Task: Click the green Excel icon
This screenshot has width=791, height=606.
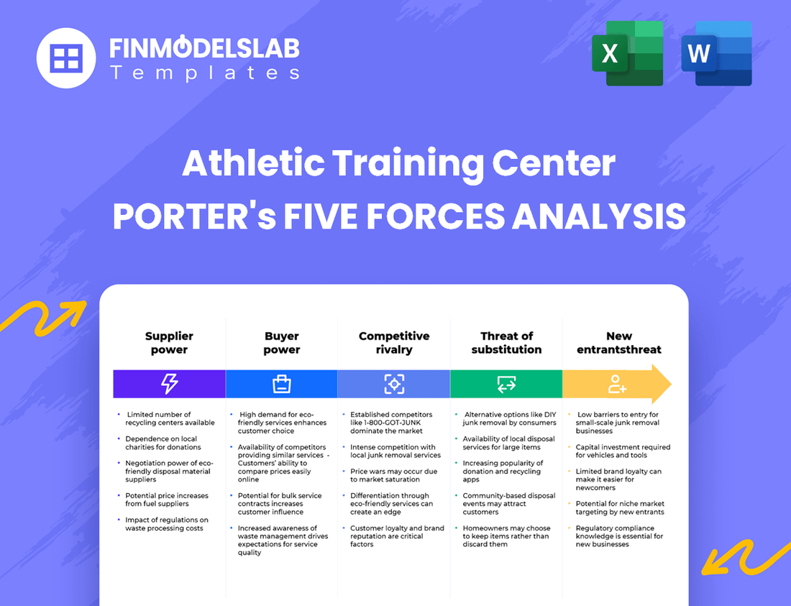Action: coord(627,53)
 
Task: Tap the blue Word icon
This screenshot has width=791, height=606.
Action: coord(716,53)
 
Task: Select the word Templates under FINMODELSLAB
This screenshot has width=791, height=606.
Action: coord(204,73)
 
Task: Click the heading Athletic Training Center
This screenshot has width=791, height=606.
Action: coord(398,163)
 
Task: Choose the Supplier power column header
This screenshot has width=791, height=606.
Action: coord(169,343)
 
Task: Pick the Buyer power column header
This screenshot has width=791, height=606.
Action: coord(281,343)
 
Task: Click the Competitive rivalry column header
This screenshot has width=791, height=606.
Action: coord(394,343)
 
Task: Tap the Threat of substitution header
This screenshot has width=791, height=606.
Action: coord(506,343)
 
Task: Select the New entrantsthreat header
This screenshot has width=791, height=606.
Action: coord(618,343)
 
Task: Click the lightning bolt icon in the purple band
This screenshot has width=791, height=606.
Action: coord(169,384)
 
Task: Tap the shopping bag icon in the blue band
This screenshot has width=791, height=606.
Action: coord(281,384)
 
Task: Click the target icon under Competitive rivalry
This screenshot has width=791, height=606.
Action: coord(394,384)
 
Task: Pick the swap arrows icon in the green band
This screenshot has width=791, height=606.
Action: coord(506,384)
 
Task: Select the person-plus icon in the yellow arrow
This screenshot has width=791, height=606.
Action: coord(617,384)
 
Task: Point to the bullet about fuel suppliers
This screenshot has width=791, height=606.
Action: coord(166,500)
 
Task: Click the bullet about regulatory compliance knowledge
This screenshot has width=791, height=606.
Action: coord(619,536)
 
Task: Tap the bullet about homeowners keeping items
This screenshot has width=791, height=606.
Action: coord(506,536)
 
